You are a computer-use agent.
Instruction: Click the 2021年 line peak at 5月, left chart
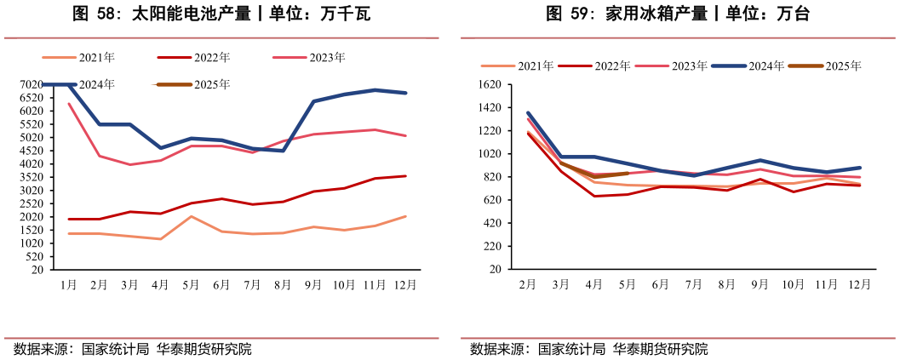pos(191,216)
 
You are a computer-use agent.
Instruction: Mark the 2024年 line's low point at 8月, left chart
pos(283,151)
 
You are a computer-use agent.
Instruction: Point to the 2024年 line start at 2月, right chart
pos(528,112)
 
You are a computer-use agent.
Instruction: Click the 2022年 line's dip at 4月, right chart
pos(594,196)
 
